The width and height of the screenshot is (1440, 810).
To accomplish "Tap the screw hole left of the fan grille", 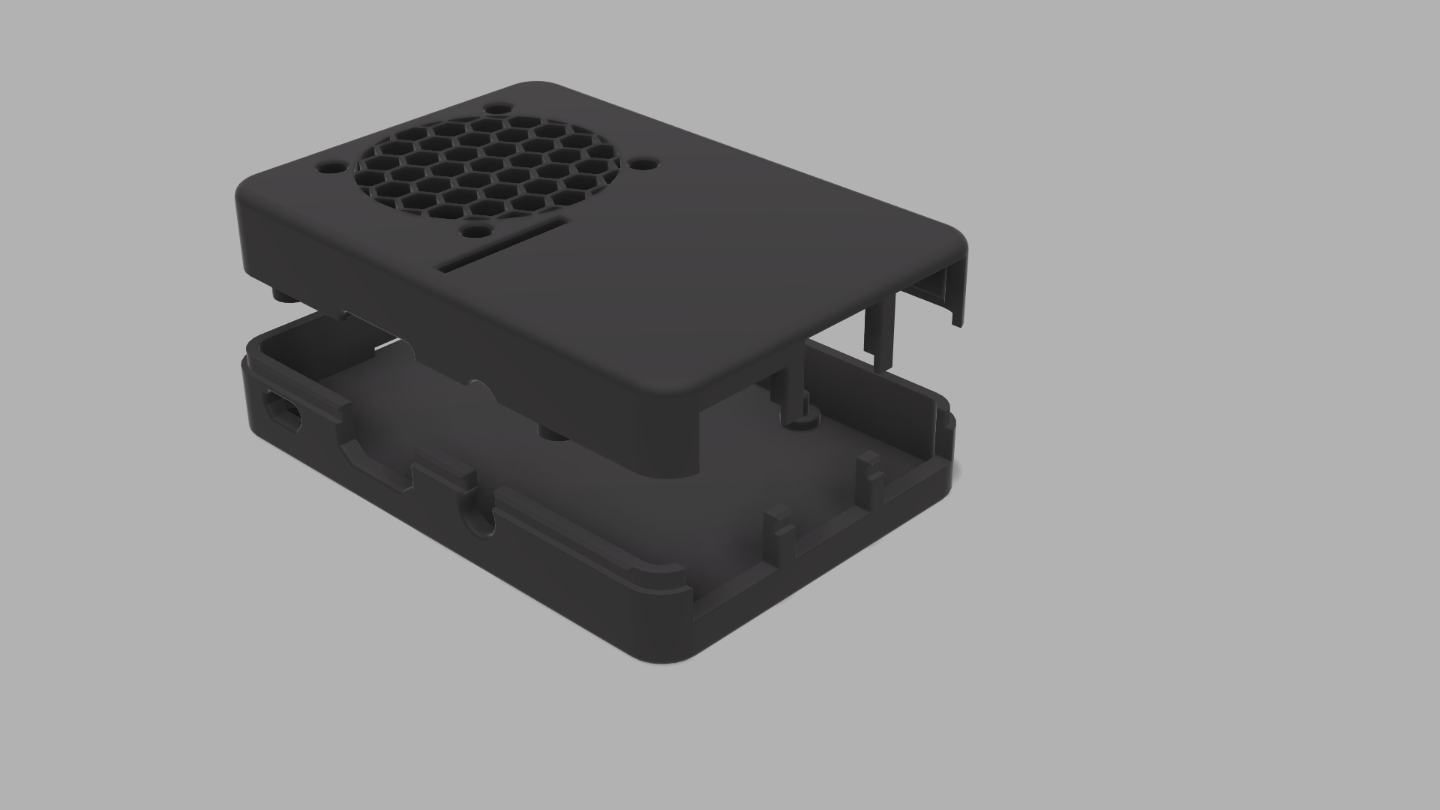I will pos(328,166).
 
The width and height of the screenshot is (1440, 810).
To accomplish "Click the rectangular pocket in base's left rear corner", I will pos(300,352).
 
